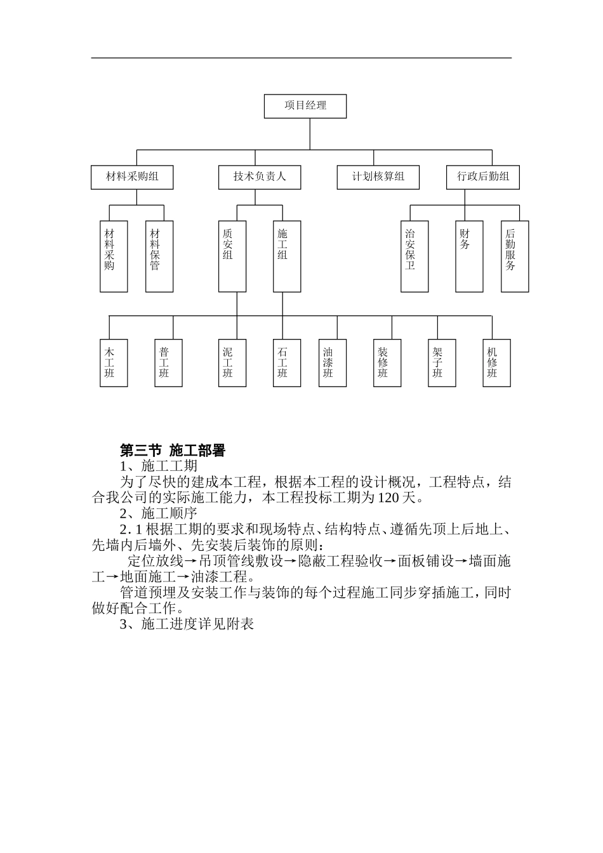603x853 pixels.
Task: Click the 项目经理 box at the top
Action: click(305, 106)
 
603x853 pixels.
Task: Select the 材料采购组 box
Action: click(132, 177)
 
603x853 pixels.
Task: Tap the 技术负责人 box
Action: click(260, 177)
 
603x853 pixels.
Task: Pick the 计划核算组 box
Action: click(378, 177)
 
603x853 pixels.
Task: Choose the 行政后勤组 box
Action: click(483, 177)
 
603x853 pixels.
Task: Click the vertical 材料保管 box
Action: click(159, 256)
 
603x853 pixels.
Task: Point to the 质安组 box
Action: click(232, 256)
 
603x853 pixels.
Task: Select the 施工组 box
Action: click(287, 256)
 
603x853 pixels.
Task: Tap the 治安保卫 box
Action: click(414, 256)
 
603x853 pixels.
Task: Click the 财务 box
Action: click(469, 256)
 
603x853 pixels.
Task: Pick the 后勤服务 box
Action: click(515, 256)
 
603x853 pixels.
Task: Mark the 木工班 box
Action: click(114, 363)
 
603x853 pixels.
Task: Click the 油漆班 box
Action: click(333, 363)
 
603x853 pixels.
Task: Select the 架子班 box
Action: click(442, 363)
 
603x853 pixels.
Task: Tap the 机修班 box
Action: click(496, 363)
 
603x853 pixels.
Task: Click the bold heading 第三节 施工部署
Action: click(173, 451)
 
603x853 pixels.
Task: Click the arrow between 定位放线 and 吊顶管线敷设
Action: click(190, 562)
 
